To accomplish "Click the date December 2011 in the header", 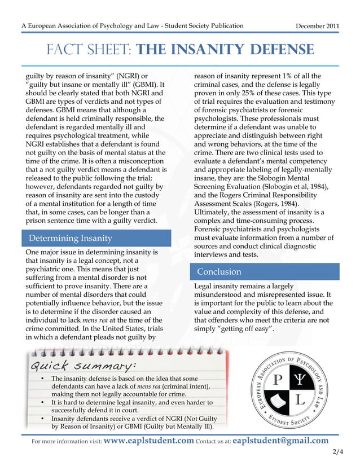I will pyautogui.click(x=318, y=27).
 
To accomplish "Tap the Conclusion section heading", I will pyautogui.click(x=219, y=271).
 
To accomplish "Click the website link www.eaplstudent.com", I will pyautogui.click(x=149, y=441).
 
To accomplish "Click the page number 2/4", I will pyautogui.click(x=338, y=452).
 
